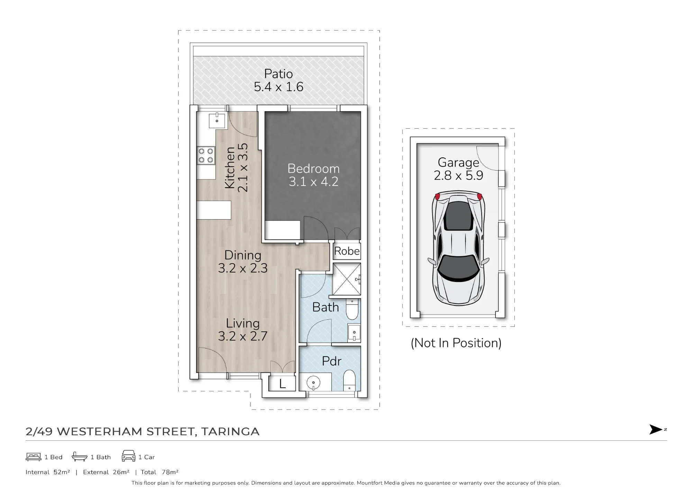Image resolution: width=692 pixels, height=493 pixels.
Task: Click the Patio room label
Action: [x=279, y=74]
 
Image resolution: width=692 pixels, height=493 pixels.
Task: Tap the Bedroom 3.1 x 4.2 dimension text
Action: [x=313, y=182]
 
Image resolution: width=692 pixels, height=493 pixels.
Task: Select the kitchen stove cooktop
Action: [x=206, y=155]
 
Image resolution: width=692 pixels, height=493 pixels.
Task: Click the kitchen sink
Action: [x=217, y=120]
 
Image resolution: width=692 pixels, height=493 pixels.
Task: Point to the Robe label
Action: [x=347, y=251]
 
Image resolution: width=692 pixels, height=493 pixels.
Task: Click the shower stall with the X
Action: [x=347, y=279]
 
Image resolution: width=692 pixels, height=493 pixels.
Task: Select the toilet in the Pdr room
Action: [x=349, y=381]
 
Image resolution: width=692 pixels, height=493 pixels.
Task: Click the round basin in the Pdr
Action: [x=313, y=383]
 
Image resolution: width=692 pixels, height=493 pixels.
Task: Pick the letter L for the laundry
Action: [x=282, y=384]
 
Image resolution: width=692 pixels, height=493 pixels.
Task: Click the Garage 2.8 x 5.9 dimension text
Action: [x=458, y=175]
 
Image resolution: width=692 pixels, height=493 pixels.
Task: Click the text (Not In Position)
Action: [x=456, y=343]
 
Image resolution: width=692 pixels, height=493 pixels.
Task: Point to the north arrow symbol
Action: [x=656, y=430]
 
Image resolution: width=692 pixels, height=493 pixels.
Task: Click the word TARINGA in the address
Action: [x=230, y=431]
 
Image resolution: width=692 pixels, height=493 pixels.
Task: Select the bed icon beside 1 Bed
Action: [x=34, y=457]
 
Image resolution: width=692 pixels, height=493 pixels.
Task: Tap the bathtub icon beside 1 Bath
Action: [x=80, y=457]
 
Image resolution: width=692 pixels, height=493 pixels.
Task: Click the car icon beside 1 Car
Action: [x=128, y=456]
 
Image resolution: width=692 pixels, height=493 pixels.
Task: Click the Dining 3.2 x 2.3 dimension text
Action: [x=243, y=268]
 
